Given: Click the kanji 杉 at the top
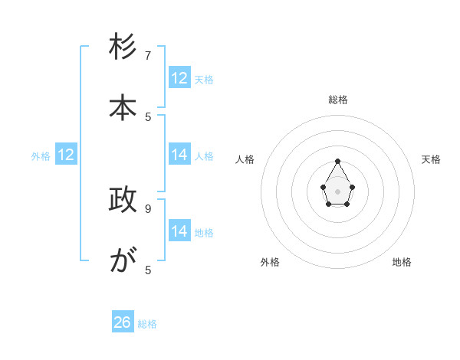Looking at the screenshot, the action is point(123,48).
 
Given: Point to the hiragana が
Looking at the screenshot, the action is point(123,261).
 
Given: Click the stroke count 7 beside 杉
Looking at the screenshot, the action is point(148,56).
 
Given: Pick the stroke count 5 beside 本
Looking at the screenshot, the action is point(148,116).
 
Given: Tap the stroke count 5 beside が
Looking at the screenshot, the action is point(148,270).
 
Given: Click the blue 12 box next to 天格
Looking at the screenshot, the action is point(179,78).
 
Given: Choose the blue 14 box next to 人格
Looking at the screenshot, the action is point(179,155).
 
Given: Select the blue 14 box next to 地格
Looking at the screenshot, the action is point(179,231).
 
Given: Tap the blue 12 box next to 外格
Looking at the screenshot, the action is point(66,155).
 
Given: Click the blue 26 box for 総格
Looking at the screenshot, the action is point(123,322).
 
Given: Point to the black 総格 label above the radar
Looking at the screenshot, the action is point(338,100).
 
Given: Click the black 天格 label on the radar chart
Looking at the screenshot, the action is point(431,159).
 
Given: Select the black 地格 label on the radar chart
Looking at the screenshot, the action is point(402,262).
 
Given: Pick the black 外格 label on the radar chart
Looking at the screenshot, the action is point(270,262).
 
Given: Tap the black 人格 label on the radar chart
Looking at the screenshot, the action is point(245,159).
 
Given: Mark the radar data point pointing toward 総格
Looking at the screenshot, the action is point(337,161).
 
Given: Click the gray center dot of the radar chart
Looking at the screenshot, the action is point(337,191).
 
